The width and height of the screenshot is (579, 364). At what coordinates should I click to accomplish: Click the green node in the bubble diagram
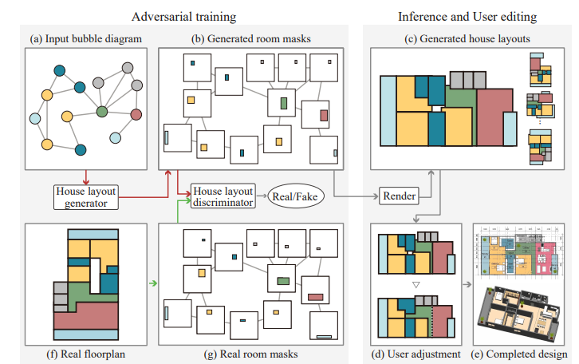(x=101, y=112)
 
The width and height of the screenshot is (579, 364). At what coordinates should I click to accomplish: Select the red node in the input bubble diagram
(x=136, y=114)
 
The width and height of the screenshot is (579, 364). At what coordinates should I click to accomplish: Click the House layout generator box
(x=85, y=196)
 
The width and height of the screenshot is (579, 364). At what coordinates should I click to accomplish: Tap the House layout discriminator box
(x=223, y=196)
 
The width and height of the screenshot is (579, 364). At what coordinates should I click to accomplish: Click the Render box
(x=398, y=196)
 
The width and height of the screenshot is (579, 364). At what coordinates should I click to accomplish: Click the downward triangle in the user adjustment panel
(x=416, y=284)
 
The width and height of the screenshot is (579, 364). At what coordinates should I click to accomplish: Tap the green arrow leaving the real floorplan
(x=152, y=282)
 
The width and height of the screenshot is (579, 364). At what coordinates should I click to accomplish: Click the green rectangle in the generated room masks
(x=284, y=102)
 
